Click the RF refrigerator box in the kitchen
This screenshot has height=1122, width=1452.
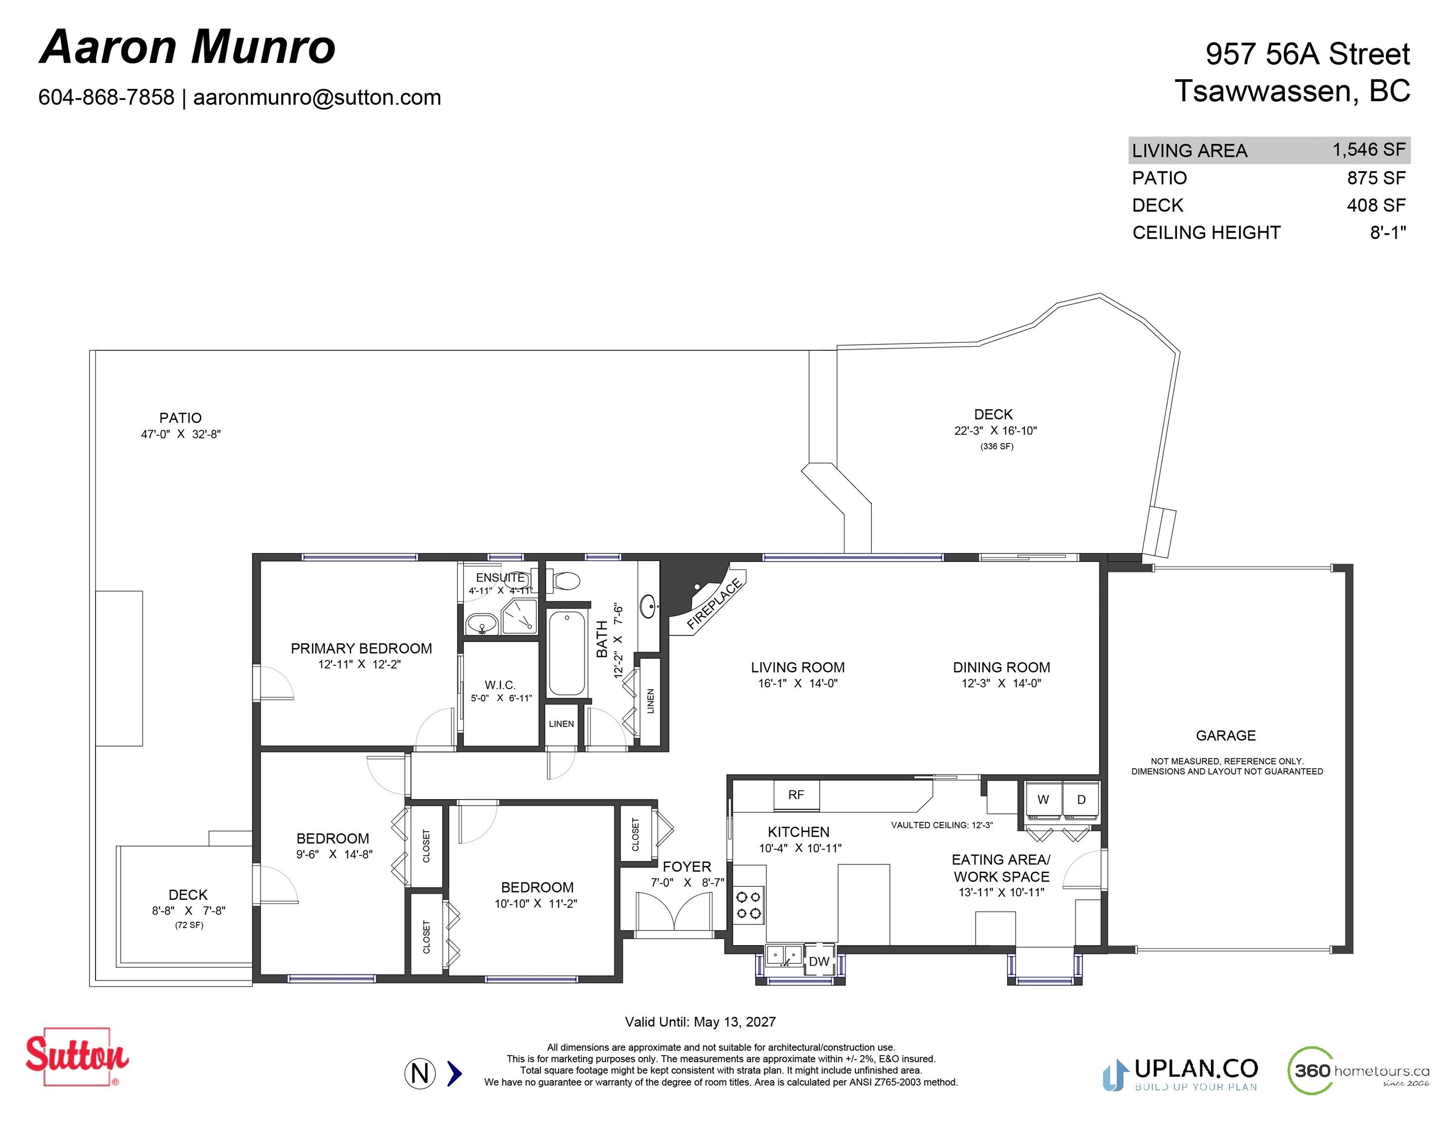click(x=796, y=795)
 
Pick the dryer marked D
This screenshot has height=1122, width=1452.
click(x=1081, y=800)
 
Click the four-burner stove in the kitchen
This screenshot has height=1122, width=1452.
click(x=749, y=905)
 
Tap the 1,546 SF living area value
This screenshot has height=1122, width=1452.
click(x=1369, y=150)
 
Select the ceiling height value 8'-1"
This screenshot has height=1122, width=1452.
click(x=1388, y=233)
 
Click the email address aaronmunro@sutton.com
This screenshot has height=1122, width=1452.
click(x=317, y=97)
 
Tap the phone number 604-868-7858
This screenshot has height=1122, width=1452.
click(x=106, y=97)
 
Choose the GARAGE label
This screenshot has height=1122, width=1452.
click(x=1226, y=735)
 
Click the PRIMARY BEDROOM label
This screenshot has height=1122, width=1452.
click(x=361, y=648)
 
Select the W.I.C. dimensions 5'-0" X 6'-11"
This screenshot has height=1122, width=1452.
click(x=501, y=698)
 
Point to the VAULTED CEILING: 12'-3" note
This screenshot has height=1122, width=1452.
click(x=942, y=825)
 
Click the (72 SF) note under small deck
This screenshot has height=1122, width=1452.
click(x=189, y=925)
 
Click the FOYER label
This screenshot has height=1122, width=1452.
click(x=687, y=867)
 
